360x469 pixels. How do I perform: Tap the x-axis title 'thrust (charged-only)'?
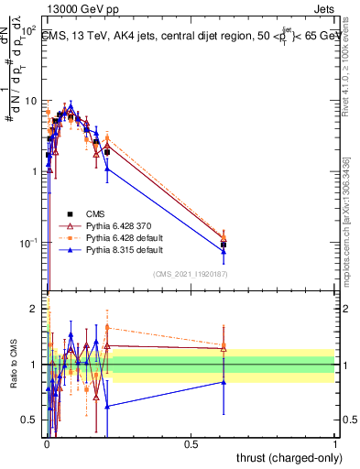click(285, 456)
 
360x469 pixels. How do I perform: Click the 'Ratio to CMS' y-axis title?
click(13, 365)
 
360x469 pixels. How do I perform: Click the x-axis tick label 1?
click(335, 442)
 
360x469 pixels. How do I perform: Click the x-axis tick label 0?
click(46, 442)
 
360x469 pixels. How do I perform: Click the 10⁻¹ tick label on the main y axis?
click(28, 243)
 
